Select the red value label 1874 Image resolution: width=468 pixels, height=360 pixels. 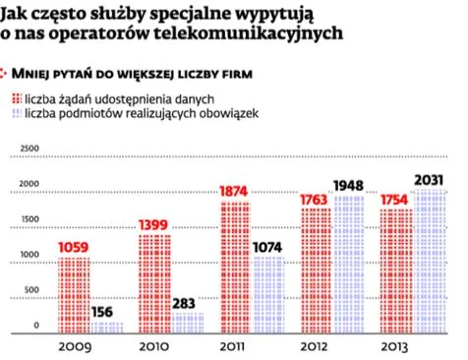click(235, 191)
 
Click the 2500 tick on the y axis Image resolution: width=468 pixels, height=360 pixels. click(29, 148)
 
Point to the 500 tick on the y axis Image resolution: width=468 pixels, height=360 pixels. click(33, 290)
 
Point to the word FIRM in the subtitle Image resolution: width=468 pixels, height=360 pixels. click(229, 74)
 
